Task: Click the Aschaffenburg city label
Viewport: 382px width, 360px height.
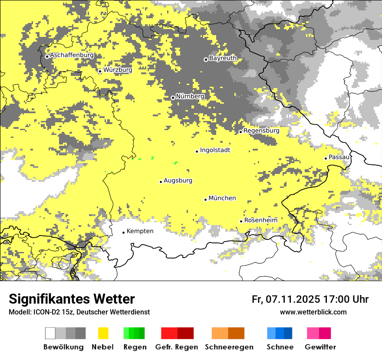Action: tap(72, 56)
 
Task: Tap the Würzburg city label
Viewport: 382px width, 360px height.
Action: tap(118, 70)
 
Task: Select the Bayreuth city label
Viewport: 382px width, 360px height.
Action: tap(223, 58)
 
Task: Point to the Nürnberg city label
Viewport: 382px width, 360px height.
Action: tap(190, 96)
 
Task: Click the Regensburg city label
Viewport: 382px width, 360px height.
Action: tap(261, 131)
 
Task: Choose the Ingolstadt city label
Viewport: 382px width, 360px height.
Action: tap(215, 150)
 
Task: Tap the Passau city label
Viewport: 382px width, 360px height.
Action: tap(339, 157)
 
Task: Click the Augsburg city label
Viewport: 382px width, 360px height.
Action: tap(178, 180)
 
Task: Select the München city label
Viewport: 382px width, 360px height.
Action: tap(222, 198)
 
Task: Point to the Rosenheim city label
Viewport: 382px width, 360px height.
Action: tap(260, 220)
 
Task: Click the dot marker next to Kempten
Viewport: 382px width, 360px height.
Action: tap(123, 232)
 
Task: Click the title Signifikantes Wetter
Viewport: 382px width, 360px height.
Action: tap(72, 299)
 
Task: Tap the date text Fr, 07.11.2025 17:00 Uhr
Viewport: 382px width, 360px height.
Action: tap(310, 299)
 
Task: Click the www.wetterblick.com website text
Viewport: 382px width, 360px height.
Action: tap(313, 312)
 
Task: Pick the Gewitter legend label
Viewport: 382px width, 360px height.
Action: tap(320, 347)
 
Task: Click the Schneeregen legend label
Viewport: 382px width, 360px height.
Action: tap(229, 347)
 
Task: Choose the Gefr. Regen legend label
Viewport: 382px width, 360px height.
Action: tap(177, 347)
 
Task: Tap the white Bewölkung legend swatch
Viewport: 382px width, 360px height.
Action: tap(50, 333)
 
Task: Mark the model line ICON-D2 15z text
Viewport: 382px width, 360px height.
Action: tap(79, 312)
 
